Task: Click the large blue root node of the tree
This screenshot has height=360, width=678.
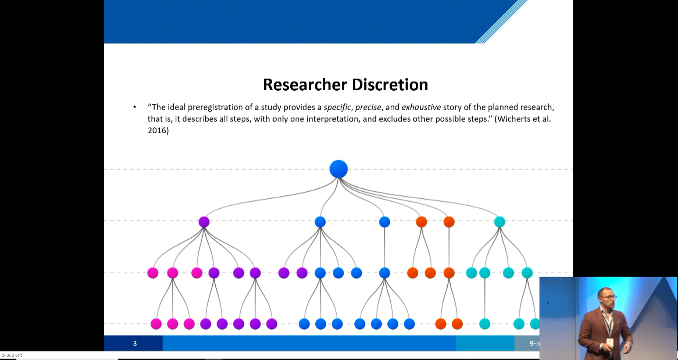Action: coord(339,169)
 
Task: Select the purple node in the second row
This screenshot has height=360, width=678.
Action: coord(204,222)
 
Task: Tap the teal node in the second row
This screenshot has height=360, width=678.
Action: coord(499,222)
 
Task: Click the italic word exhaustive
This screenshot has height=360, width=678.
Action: coord(421,107)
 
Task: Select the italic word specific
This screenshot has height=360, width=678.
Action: coord(337,107)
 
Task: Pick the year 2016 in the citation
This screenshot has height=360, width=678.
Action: coord(158,130)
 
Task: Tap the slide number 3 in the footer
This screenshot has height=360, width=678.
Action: coord(135,343)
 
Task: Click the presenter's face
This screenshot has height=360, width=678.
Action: coord(607,297)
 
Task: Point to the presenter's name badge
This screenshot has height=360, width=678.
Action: coord(610,342)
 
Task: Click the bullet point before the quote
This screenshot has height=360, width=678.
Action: coord(135,107)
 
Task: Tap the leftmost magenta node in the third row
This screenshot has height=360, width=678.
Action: coord(153,273)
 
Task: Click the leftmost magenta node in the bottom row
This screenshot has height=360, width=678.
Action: coord(156,324)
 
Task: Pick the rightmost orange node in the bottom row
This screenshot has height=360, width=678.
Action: coord(457,324)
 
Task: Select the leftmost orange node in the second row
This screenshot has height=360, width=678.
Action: coord(421,222)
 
